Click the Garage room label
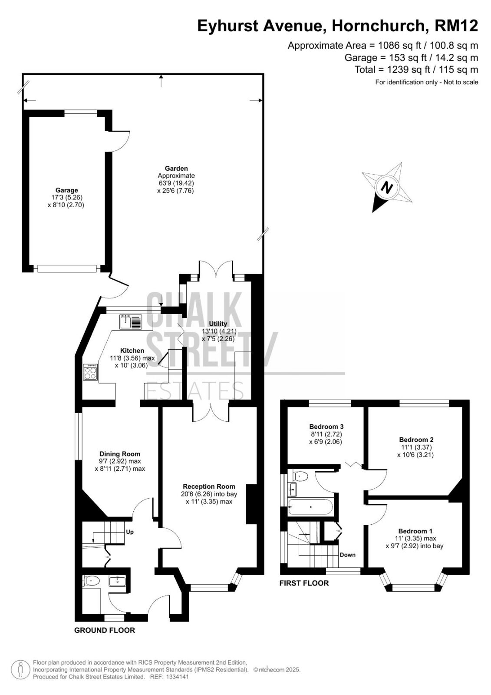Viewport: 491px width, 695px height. (67, 190)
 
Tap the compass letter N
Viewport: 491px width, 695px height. (386, 188)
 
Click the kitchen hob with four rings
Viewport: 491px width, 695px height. (90, 372)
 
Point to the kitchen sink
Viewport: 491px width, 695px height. (131, 321)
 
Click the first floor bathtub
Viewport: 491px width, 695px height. (310, 507)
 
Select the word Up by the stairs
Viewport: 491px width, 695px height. (130, 532)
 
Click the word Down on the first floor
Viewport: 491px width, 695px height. (347, 555)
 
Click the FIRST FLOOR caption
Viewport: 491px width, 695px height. (304, 583)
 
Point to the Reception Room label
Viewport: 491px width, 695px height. (209, 486)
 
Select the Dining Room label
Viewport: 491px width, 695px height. (120, 453)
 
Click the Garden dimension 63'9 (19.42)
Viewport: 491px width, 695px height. (176, 183)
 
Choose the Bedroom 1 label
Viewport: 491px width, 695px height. (415, 531)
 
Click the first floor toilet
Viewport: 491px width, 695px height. (300, 476)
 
